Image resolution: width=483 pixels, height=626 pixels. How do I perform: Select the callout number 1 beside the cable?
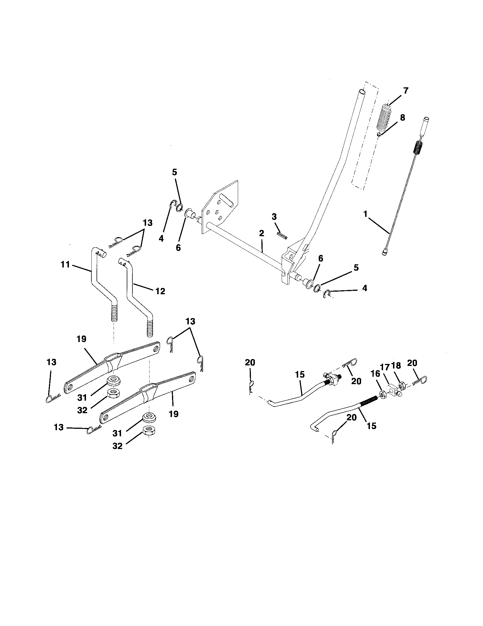[365, 214]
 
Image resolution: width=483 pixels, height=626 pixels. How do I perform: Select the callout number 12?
[160, 291]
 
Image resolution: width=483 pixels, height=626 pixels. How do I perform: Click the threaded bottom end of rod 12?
[150, 329]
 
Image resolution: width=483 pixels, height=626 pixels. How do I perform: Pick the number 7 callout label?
[405, 91]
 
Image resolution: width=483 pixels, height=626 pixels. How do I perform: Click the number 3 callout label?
[274, 217]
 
